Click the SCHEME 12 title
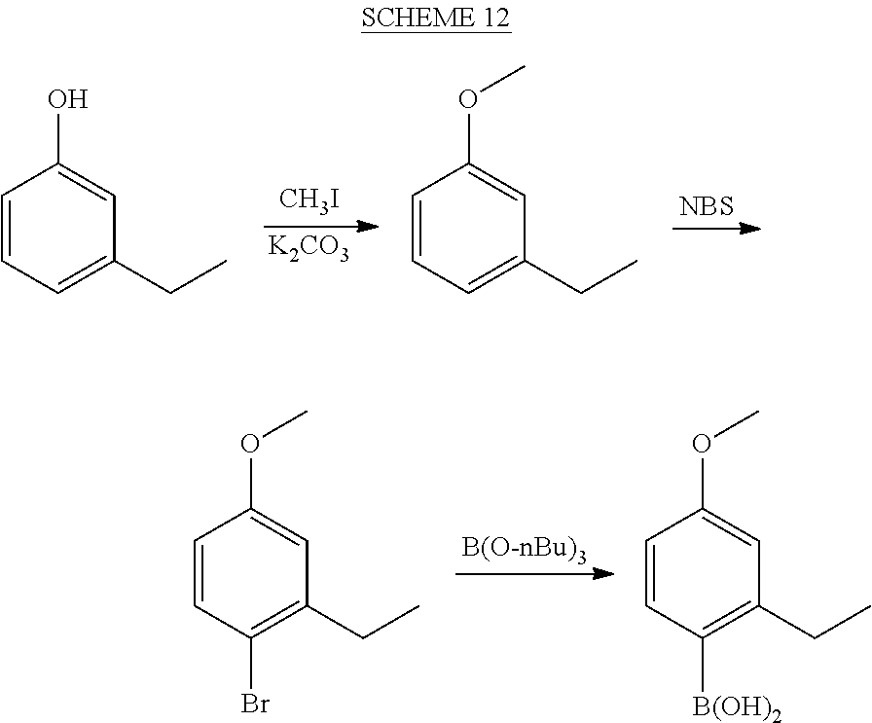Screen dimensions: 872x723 pos(436,18)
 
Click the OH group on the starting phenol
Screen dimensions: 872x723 pos(68,99)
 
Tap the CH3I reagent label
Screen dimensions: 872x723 pos(309,199)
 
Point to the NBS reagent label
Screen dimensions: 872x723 pos(707,206)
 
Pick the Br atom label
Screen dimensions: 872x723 pos(255,705)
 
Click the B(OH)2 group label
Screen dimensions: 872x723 pos(737,708)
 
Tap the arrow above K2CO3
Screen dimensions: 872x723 pos(321,227)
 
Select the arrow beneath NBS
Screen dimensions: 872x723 pos(716,228)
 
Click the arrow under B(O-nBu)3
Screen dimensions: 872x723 pos(534,573)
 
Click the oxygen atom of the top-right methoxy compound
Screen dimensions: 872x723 pos(468,99)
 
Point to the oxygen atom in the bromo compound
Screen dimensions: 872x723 pos(250,444)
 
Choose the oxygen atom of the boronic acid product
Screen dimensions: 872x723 pos(702,444)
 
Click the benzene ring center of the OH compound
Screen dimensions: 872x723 pos(58,228)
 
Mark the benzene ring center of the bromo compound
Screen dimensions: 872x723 pos(251,573)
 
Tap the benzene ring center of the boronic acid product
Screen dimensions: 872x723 pos(702,573)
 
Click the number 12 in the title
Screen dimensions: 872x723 pos(496,18)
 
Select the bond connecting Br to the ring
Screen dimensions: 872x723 pos(251,664)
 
